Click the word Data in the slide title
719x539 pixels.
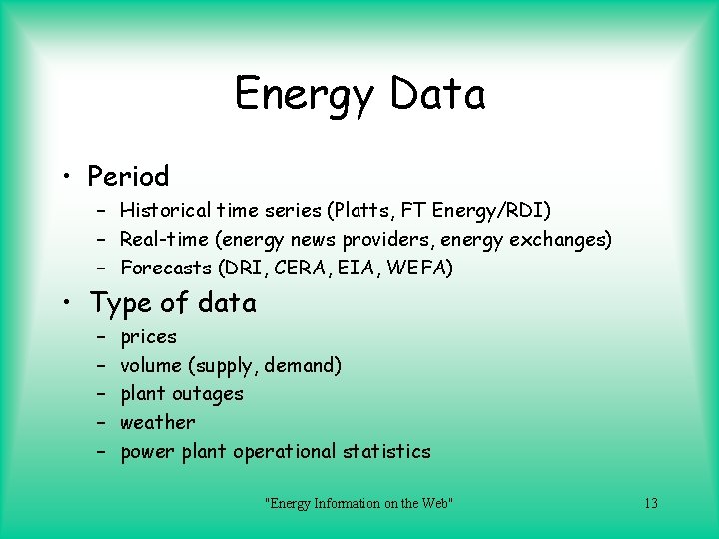438,94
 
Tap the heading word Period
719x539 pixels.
128,177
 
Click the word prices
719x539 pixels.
148,337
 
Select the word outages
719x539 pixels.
208,394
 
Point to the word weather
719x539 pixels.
157,422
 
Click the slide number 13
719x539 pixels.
650,503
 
